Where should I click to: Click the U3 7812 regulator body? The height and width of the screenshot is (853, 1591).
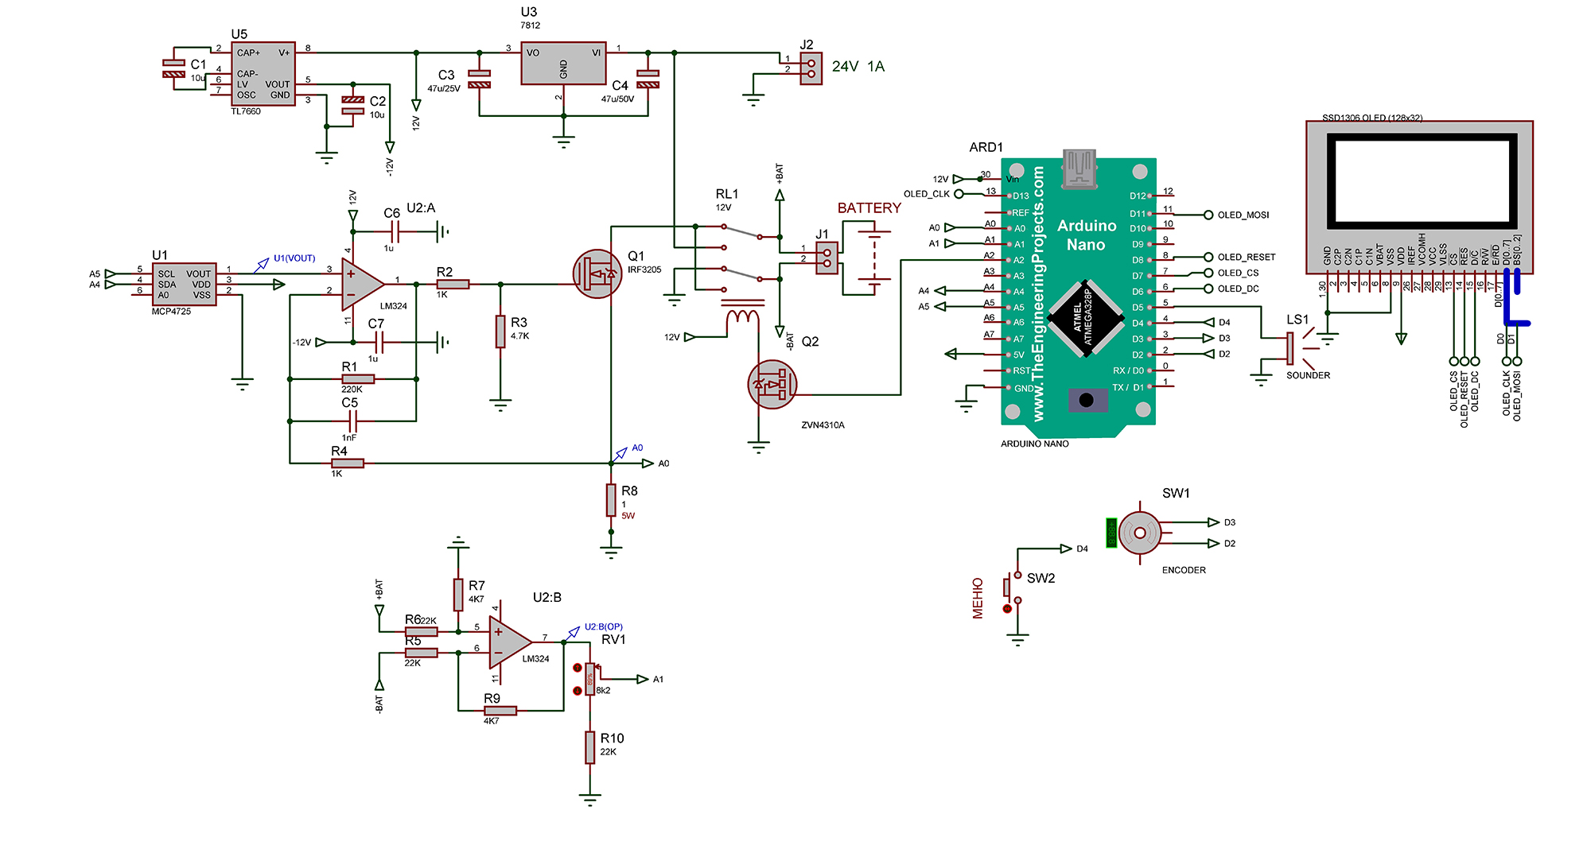point(563,64)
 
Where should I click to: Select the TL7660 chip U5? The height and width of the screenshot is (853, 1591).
point(263,74)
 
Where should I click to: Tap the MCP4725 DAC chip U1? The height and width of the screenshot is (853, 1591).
point(184,284)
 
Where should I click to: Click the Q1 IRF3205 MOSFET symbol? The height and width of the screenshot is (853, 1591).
point(597,274)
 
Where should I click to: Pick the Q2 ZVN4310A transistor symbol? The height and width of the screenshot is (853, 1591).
point(772,385)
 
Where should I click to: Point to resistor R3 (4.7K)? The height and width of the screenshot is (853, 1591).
point(500,331)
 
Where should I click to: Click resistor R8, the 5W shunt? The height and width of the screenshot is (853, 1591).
point(611,501)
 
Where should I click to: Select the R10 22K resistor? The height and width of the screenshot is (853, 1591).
point(589,747)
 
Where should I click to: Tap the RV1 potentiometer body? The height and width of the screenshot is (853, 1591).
point(589,679)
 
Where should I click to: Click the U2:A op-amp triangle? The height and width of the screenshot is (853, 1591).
point(360,284)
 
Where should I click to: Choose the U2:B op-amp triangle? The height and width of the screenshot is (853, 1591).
point(508,642)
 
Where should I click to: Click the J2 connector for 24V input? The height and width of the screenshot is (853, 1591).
point(811,68)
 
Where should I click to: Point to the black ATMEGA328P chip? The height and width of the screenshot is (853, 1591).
point(1085,318)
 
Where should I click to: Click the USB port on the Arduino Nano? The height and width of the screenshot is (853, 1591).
point(1079,169)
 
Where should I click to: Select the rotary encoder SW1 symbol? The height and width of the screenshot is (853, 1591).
point(1139,533)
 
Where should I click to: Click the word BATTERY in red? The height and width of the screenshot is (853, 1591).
point(869,208)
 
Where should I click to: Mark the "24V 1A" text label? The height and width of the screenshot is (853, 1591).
point(858,67)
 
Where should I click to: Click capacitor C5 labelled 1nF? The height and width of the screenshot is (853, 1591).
point(352,421)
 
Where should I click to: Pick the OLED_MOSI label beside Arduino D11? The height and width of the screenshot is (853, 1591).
point(1243,215)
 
